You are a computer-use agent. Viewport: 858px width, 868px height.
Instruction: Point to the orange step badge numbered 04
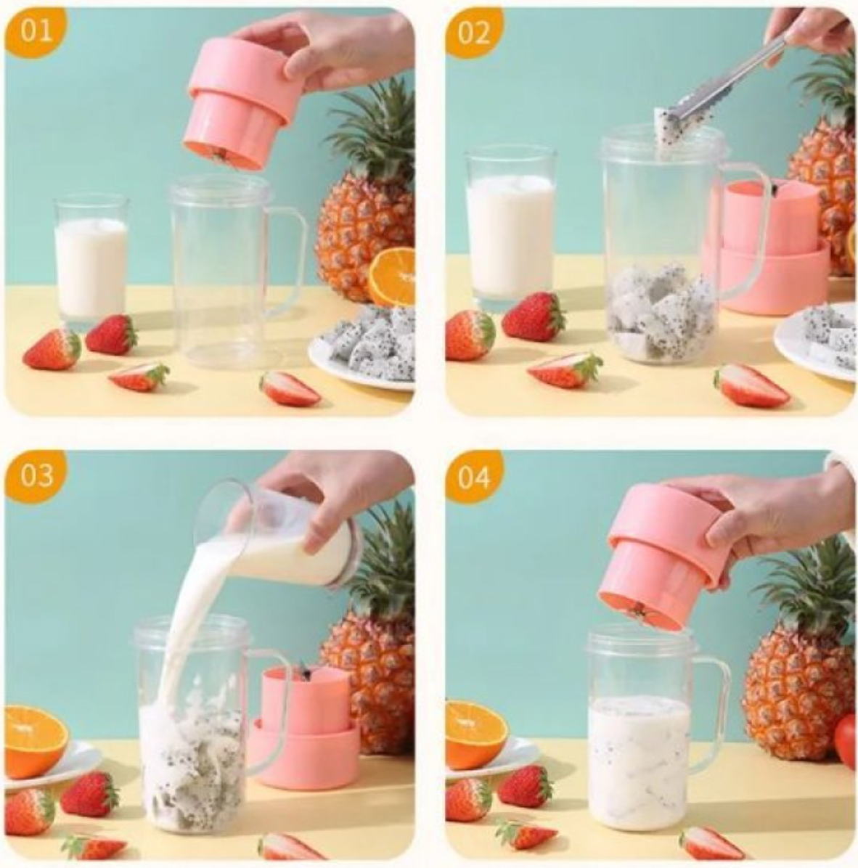pos(473,477)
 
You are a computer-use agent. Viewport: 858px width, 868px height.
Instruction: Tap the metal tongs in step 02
pos(733,80)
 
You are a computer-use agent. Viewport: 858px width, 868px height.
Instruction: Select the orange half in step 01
pos(392,277)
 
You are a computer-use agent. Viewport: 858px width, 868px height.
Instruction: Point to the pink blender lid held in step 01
pos(243,102)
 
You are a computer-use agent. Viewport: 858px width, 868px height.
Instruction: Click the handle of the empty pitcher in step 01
pos(290,261)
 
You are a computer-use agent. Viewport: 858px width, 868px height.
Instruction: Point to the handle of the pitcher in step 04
pos(715,711)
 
